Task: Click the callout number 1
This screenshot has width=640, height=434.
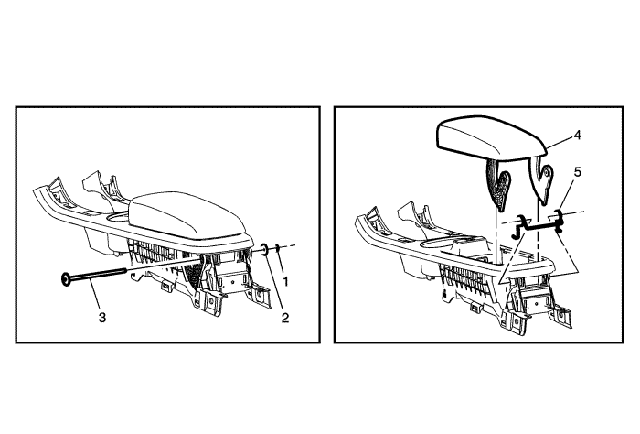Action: (285, 281)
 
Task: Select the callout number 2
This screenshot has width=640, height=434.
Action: (285, 318)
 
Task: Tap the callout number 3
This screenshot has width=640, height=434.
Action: (102, 317)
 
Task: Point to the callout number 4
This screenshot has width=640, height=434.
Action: (577, 136)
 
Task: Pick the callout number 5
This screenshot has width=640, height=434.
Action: (577, 172)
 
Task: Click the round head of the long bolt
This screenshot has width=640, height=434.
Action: (65, 279)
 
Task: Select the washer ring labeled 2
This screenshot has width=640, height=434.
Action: (263, 249)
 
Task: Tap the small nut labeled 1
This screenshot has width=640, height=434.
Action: (277, 247)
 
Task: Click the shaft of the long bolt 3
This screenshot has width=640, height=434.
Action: (97, 275)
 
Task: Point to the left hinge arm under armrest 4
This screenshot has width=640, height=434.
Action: (498, 184)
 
